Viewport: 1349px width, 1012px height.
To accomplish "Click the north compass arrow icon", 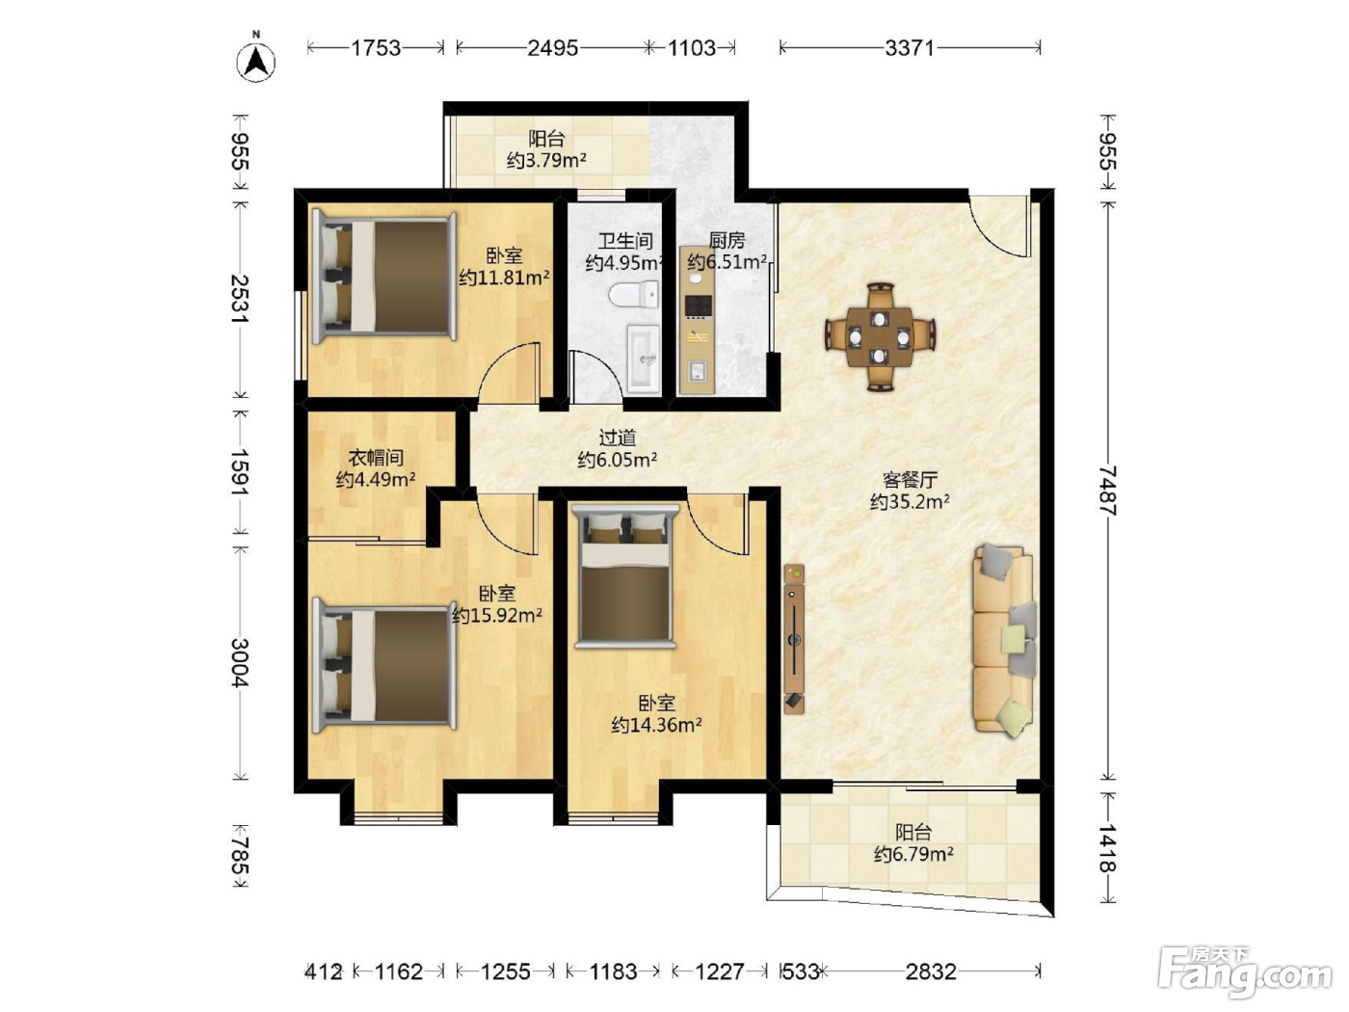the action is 256,62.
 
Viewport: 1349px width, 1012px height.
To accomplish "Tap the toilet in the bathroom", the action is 634,294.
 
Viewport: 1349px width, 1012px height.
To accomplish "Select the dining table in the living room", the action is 880,337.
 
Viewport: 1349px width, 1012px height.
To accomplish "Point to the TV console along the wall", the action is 794,639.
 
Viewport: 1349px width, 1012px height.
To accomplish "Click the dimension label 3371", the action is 910,48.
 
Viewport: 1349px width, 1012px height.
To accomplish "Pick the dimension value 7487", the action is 1107,491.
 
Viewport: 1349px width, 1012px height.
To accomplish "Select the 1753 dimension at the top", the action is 376,48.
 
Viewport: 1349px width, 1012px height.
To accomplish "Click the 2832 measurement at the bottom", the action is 931,972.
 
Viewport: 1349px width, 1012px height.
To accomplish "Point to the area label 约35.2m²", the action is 910,502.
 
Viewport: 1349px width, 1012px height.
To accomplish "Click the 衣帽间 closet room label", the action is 376,457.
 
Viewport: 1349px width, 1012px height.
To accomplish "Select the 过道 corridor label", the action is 617,438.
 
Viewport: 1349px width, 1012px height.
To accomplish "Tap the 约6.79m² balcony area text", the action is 913,854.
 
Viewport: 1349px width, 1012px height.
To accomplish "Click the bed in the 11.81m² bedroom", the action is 384,278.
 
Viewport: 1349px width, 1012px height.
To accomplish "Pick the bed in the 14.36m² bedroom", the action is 624,576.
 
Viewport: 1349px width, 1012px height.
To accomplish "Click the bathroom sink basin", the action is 643,358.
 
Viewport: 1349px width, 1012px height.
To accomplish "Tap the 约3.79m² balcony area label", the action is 546,160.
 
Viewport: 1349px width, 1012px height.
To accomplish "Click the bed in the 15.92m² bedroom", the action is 384,665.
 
